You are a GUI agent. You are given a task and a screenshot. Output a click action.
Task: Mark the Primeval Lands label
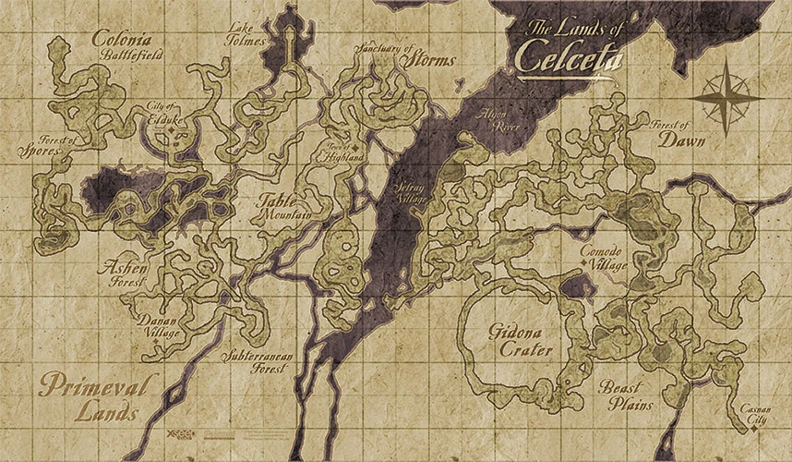(x=88, y=397)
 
